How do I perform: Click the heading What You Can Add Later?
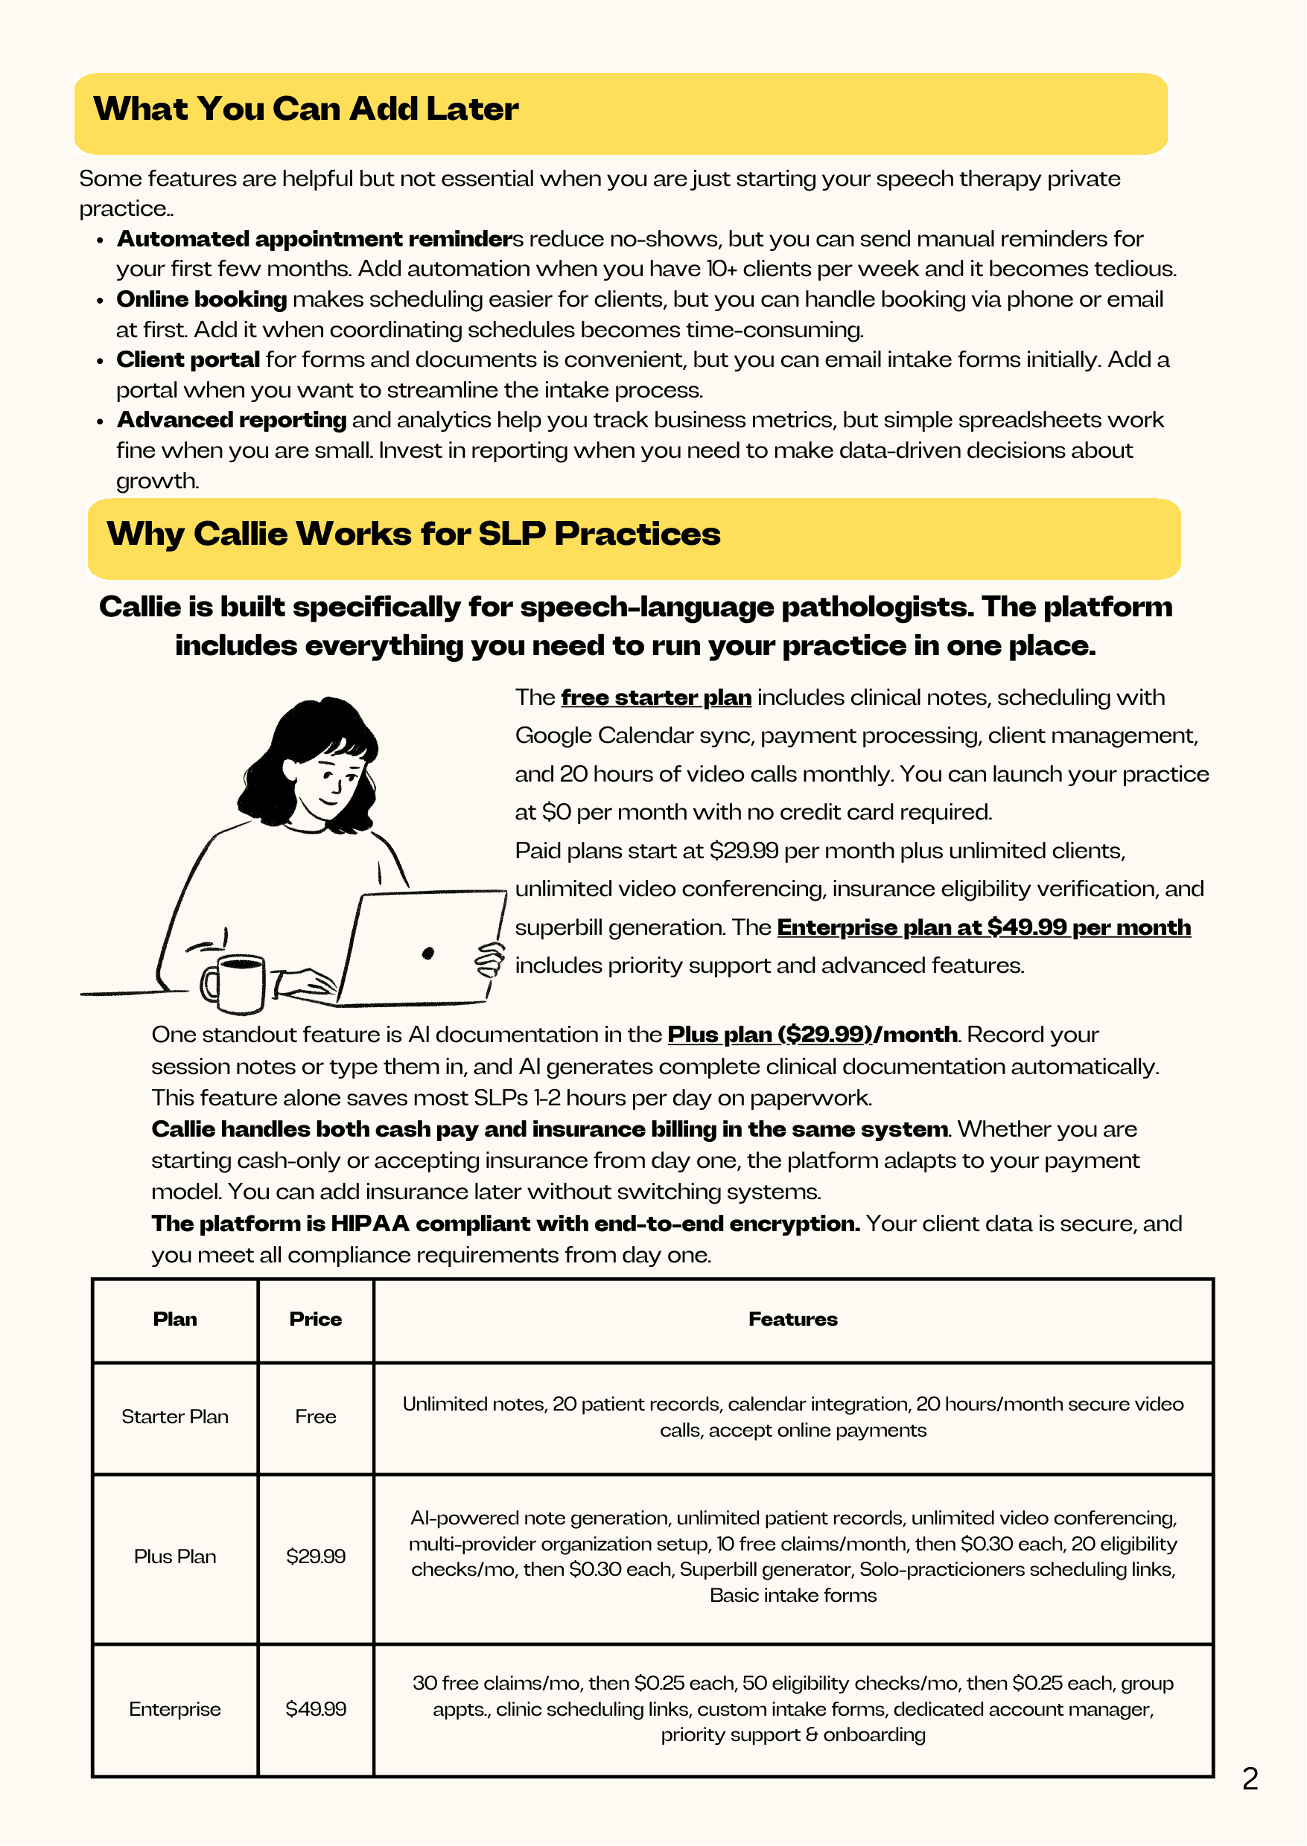coord(306,109)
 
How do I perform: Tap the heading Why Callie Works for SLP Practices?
coord(413,534)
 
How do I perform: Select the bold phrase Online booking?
coord(202,299)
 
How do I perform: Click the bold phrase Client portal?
coord(188,360)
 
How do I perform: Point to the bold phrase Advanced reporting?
coord(232,420)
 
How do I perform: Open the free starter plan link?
coord(656,697)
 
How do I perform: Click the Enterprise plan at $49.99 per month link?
coord(984,927)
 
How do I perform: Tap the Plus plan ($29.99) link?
coord(769,1035)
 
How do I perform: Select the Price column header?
coord(316,1319)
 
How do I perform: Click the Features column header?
coord(792,1319)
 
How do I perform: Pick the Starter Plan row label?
coord(175,1417)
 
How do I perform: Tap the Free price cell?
coord(316,1417)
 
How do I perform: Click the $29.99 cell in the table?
coord(316,1556)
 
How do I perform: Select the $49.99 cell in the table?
coord(316,1709)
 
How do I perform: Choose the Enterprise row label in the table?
coord(175,1709)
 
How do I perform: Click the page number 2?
coord(1250,1779)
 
